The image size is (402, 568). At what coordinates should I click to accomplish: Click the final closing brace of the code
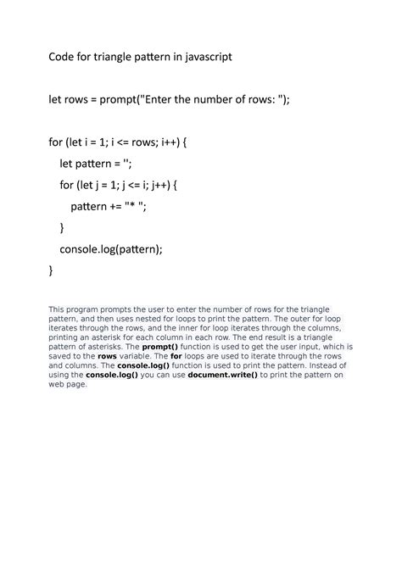tap(50, 270)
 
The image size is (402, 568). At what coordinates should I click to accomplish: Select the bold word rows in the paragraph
tap(108, 356)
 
